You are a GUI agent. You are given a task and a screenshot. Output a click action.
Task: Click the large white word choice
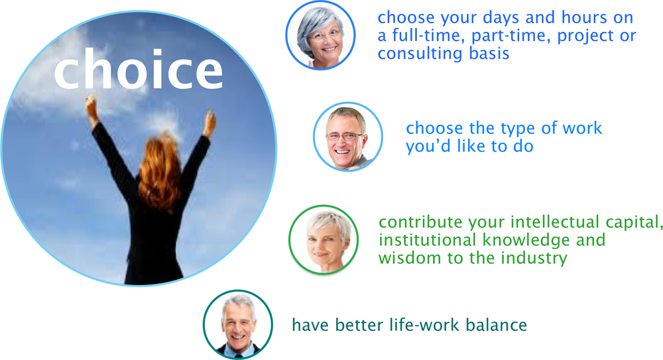tap(139, 68)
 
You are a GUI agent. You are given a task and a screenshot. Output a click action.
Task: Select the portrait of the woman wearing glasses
tap(320, 35)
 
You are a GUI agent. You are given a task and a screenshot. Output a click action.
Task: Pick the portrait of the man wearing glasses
tap(347, 137)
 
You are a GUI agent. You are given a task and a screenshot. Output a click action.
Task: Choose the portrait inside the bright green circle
tap(324, 240)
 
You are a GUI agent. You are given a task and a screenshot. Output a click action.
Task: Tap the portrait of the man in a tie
tap(237, 324)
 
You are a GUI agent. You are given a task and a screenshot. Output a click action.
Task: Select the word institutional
tap(428, 239)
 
